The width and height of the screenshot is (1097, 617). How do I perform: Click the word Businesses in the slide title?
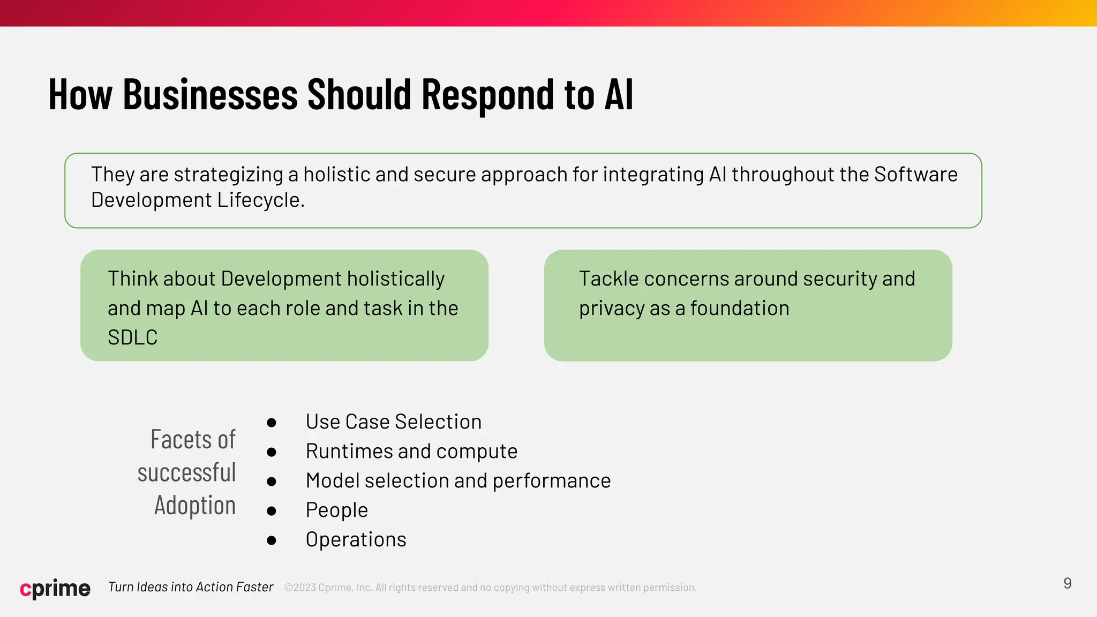(x=210, y=95)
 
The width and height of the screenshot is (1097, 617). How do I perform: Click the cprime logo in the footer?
(x=55, y=588)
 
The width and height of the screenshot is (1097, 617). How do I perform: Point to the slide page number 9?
(x=1067, y=583)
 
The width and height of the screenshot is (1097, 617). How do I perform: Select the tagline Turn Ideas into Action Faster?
(x=191, y=587)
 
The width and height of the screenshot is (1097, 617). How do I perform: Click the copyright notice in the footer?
(x=490, y=588)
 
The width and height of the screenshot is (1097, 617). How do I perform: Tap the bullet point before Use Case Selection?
(x=272, y=423)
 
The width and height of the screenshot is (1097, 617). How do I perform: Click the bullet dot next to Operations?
(x=272, y=540)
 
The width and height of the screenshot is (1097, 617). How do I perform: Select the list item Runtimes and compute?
(x=411, y=452)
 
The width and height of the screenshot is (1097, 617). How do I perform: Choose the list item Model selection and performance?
(x=458, y=481)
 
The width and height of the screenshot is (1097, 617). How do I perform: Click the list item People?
(x=336, y=510)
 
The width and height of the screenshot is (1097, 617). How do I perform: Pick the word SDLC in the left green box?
(x=132, y=337)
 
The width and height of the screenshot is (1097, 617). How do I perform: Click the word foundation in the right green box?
(x=739, y=308)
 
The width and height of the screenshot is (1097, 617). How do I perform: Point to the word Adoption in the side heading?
(x=195, y=506)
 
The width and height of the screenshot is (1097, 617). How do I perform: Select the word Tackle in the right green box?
(x=608, y=279)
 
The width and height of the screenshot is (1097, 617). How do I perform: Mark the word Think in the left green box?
(x=133, y=279)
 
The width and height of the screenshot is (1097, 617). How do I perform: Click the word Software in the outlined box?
(x=915, y=175)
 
